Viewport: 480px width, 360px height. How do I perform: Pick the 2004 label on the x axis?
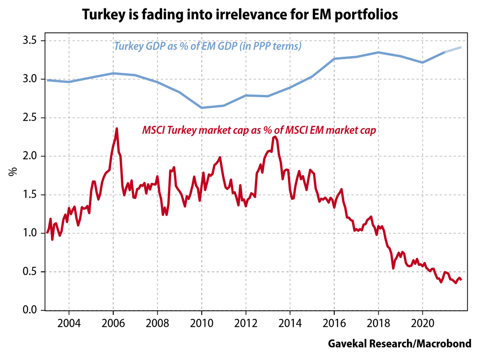pyautogui.click(x=69, y=323)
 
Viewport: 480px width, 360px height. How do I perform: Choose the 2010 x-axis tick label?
pyautogui.click(x=202, y=323)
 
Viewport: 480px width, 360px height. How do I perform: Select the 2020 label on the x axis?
pyautogui.click(x=423, y=323)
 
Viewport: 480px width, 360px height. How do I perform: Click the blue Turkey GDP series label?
pyautogui.click(x=208, y=46)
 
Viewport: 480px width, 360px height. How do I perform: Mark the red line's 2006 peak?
pyautogui.click(x=116, y=129)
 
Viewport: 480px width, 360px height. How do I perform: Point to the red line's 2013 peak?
pyautogui.click(x=274, y=137)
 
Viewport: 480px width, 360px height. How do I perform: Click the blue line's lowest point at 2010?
pyautogui.click(x=202, y=108)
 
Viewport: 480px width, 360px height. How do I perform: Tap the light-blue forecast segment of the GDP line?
pyautogui.click(x=454, y=50)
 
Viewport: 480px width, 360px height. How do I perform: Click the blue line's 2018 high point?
pyautogui.click(x=378, y=52)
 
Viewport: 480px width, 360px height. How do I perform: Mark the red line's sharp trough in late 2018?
pyautogui.click(x=393, y=268)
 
